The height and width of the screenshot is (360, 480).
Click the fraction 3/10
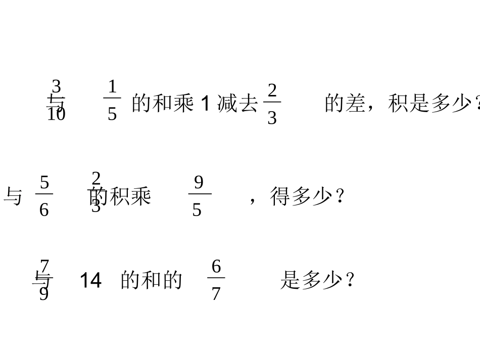pos(56,100)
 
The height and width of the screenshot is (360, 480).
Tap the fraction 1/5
pos(112,100)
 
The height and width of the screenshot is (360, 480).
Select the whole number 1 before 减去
pos(205,104)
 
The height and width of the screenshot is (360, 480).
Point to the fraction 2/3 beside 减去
pos(272,104)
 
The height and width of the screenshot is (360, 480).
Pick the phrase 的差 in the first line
pos(346,104)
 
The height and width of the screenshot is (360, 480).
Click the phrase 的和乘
pos(163,104)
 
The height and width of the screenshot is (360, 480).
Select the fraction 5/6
pos(44,196)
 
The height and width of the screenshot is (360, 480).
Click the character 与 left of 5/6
pos(13,196)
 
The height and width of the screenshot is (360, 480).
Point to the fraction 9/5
pos(198,196)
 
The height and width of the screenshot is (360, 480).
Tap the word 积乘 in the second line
pos(130,196)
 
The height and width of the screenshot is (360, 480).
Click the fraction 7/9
pos(44,279)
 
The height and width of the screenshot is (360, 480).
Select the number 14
pos(91,280)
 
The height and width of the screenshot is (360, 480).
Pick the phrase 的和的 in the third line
pos(151,280)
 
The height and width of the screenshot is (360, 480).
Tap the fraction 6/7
pos(216,280)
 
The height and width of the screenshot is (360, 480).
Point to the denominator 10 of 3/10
pos(56,115)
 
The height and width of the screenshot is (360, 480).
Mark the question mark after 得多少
pos(340,196)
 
